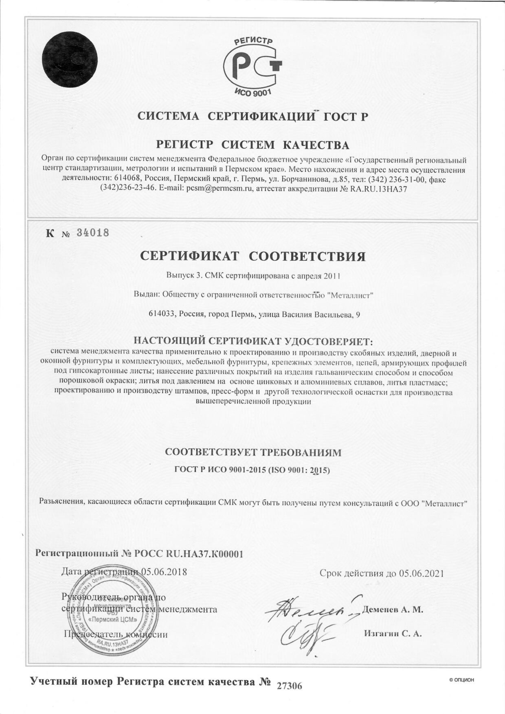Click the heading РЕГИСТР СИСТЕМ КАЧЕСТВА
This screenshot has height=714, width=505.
point(253,145)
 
